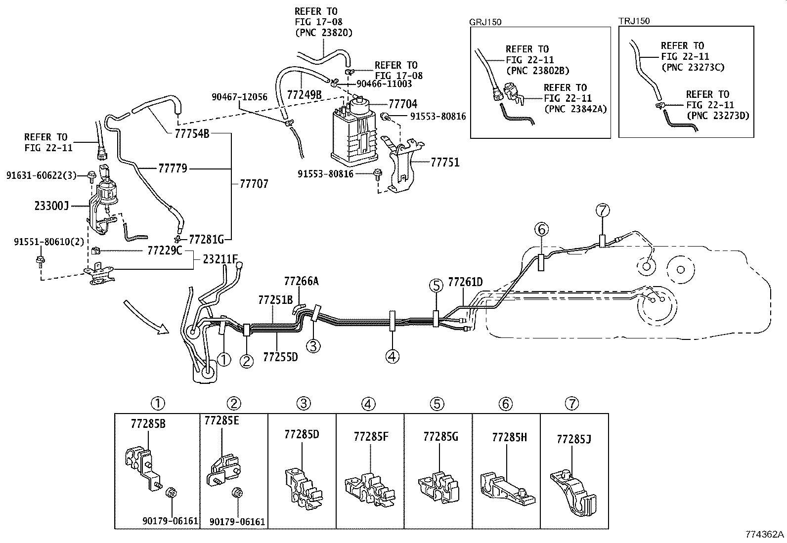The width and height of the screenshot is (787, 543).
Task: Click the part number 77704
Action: pyautogui.click(x=402, y=104)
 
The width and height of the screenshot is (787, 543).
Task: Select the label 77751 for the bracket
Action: pyautogui.click(x=445, y=162)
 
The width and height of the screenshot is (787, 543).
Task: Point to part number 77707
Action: pyautogui.click(x=254, y=184)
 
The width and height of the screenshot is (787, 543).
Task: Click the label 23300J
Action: pyautogui.click(x=51, y=206)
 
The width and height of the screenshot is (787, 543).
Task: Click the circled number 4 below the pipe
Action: pyautogui.click(x=392, y=357)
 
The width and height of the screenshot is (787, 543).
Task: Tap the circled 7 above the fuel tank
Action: pyautogui.click(x=603, y=210)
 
